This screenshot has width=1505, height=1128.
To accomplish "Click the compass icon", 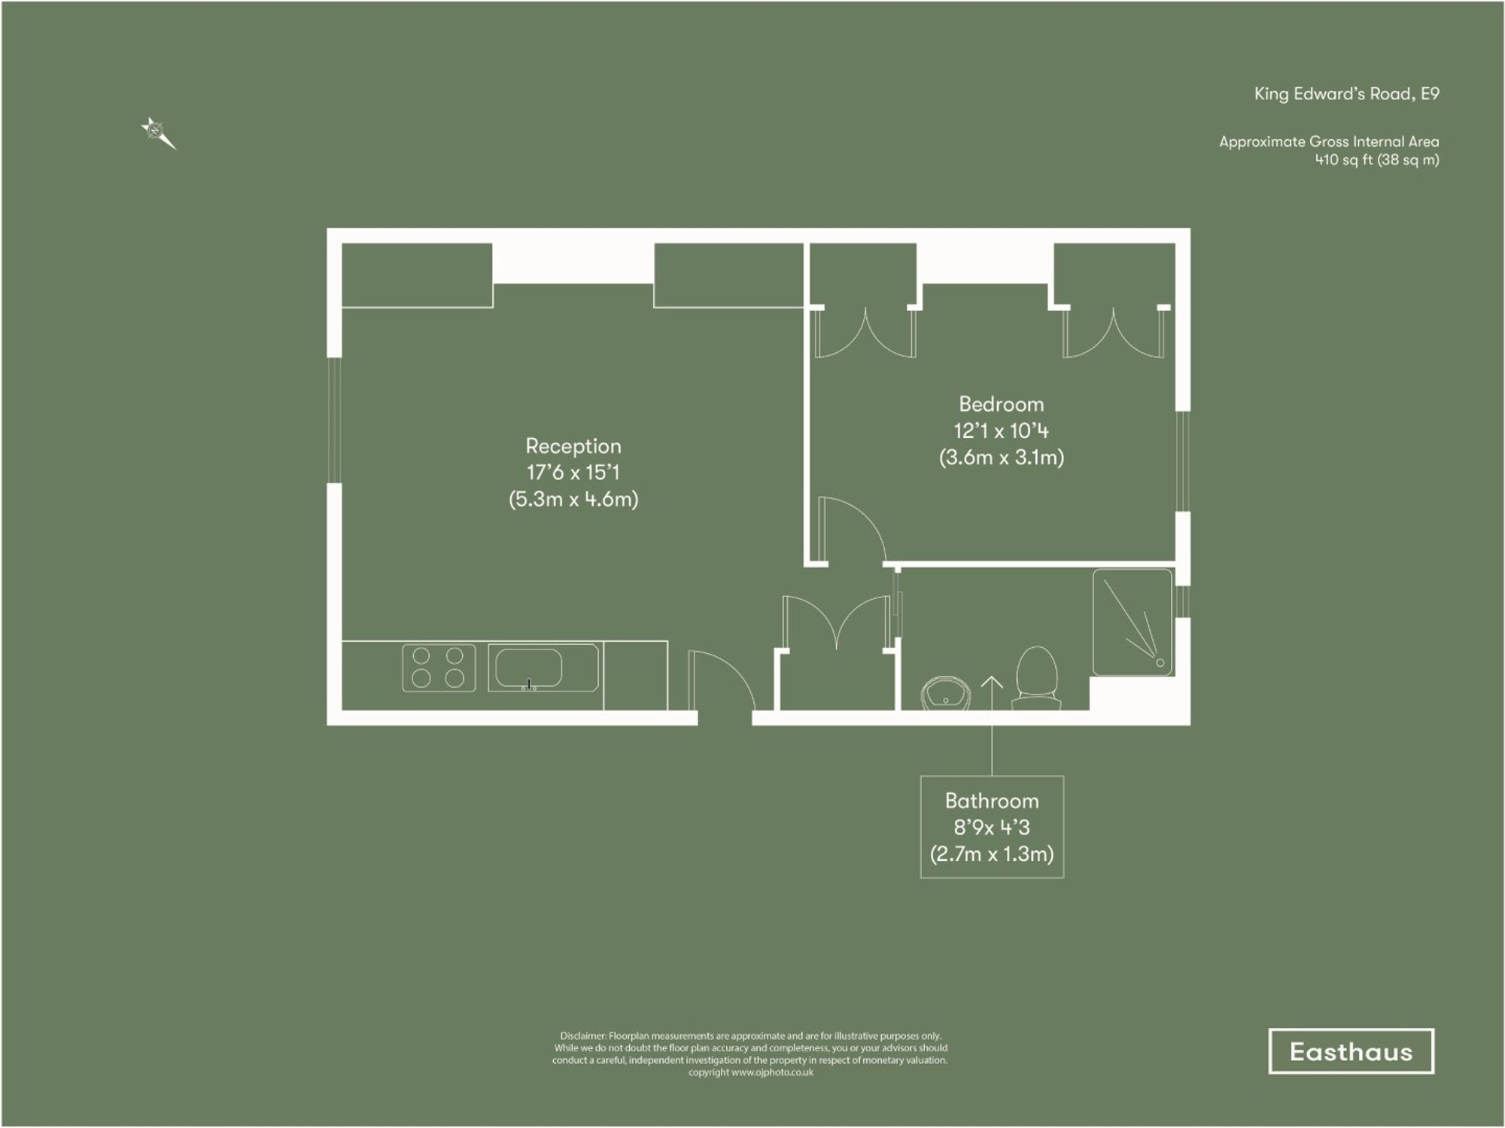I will click(x=157, y=133).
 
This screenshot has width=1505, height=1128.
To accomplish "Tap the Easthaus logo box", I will click(x=1351, y=1051).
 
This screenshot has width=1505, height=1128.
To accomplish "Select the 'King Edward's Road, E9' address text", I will click(x=1346, y=94).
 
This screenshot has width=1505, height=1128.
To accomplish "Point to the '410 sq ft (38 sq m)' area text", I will click(x=1376, y=160).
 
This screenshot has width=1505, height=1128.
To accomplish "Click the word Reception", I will click(x=573, y=446).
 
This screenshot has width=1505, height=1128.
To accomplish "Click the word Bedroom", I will click(x=1001, y=404).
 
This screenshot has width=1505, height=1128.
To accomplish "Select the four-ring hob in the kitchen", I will click(x=439, y=667).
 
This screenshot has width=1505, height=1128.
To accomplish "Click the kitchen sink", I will click(x=529, y=667).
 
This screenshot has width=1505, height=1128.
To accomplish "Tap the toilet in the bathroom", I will click(x=1037, y=677).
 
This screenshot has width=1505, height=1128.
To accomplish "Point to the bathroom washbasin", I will click(x=946, y=693).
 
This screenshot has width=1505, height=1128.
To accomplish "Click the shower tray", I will click(x=1133, y=622).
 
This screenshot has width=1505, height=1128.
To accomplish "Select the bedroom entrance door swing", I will click(x=850, y=527).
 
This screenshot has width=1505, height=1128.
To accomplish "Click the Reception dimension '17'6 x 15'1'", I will click(x=573, y=473).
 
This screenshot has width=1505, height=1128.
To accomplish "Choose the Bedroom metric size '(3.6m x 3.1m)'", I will click(x=1001, y=458).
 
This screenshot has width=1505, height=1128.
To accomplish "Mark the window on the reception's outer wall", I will click(x=334, y=419).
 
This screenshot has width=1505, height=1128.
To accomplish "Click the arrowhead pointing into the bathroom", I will click(x=992, y=683).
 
